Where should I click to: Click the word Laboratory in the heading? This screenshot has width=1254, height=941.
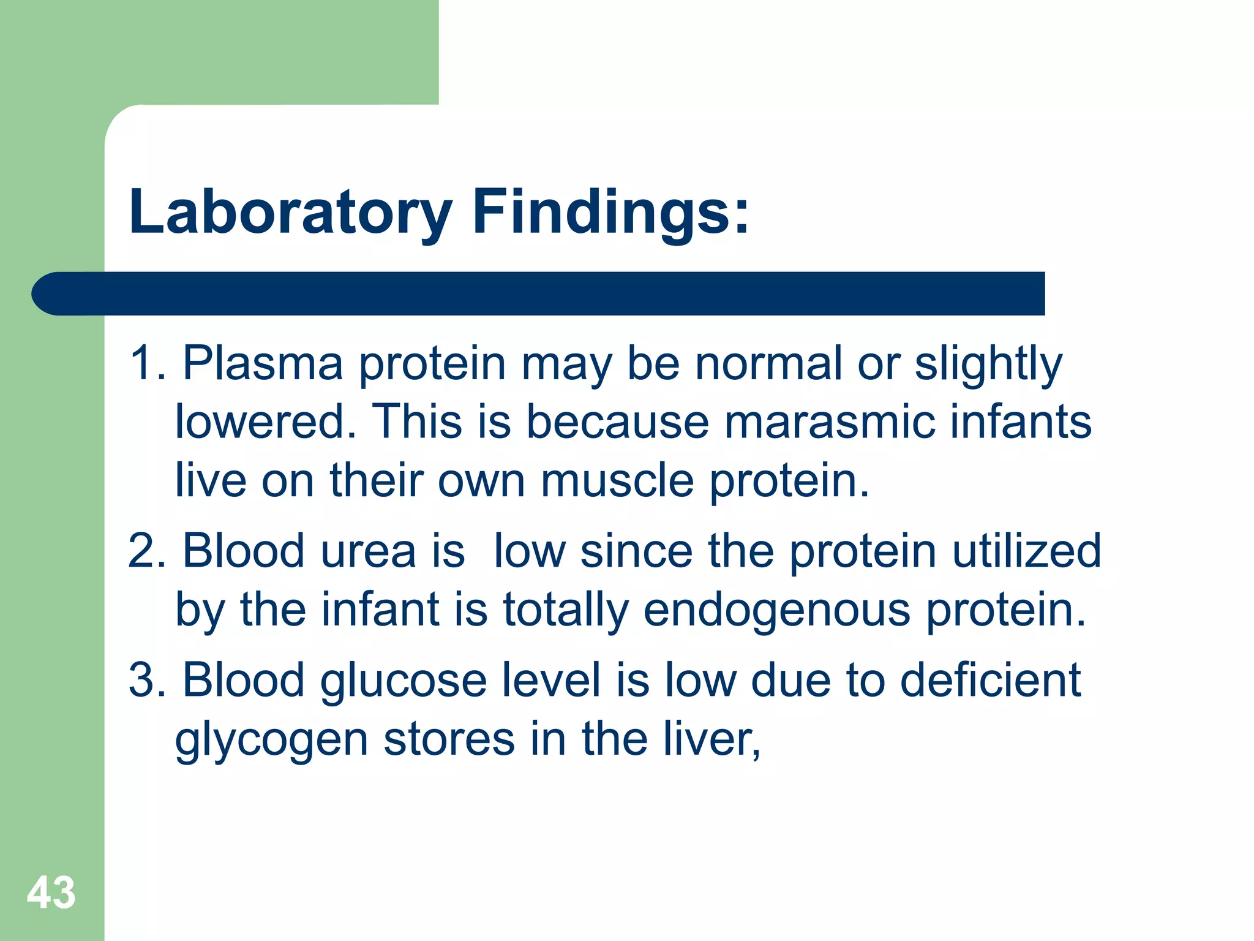[x=290, y=212]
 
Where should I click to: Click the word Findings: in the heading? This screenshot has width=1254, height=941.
[x=610, y=212]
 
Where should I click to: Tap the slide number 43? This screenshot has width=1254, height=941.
[x=51, y=893]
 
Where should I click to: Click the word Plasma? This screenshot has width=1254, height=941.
[x=263, y=364]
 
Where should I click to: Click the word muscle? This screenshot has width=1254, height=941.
[x=617, y=480]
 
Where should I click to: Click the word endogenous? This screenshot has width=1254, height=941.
[x=777, y=610]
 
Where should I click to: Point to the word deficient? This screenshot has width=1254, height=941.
[x=990, y=680]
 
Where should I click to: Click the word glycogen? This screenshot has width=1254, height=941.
[x=271, y=740]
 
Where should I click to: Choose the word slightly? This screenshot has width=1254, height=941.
[x=988, y=364]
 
